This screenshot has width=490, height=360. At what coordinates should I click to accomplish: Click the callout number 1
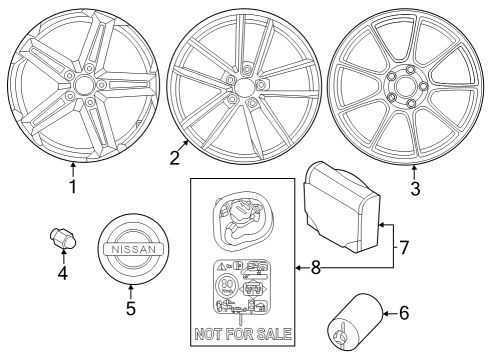(71, 186)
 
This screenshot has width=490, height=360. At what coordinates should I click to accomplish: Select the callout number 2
(175, 157)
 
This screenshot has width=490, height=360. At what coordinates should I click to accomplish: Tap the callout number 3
(415, 186)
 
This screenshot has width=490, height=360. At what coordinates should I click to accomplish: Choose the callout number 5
(131, 309)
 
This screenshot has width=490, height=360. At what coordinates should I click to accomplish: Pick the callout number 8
(316, 267)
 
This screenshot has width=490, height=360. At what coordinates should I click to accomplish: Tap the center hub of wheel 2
(241, 87)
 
